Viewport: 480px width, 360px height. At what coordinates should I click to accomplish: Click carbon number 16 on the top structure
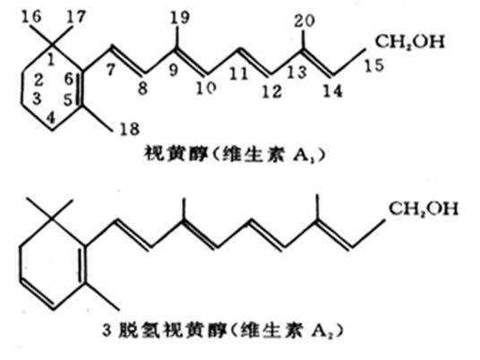pos(31,16)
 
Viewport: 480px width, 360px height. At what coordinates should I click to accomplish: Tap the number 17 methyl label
pos(75,16)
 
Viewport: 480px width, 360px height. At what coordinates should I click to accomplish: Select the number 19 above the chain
pos(180,17)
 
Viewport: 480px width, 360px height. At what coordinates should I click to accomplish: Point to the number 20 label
pos(304,21)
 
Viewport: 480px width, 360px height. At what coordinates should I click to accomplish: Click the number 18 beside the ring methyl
pos(130,129)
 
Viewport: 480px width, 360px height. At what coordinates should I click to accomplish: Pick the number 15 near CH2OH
pos(373,65)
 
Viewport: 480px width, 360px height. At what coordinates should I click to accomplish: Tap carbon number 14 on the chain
pos(332,91)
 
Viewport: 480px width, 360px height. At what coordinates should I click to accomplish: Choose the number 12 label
pos(271,91)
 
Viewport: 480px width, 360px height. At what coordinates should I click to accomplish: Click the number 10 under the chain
pos(206,88)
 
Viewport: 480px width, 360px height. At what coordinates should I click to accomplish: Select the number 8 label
pos(142,88)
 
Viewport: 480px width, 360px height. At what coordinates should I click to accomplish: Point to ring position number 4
pos(51,118)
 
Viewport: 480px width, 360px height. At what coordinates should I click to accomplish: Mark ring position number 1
pos(51,60)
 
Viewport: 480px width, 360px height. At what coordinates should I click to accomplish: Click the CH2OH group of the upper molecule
pos(409,41)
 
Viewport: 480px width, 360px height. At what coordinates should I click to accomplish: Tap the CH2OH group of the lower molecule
pos(424,209)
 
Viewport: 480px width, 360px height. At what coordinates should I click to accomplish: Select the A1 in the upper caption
pos(304,155)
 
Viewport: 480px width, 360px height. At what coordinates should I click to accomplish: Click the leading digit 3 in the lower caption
pos(107,330)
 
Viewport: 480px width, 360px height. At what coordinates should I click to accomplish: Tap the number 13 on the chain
pos(296,73)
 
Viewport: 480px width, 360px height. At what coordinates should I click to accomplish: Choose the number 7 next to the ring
pos(111,69)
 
